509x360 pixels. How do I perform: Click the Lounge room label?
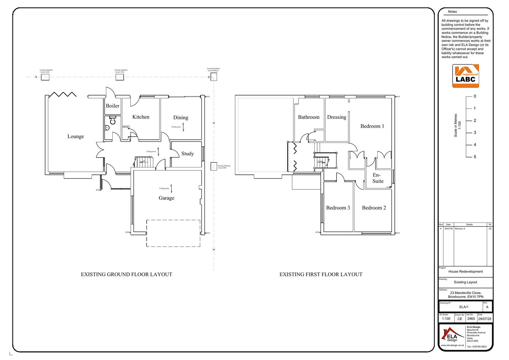(x=76, y=137)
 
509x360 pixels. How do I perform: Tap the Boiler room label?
(x=113, y=106)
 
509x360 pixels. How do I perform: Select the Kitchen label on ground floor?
(x=141, y=117)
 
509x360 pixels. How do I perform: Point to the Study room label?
(x=187, y=154)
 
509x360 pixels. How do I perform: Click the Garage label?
(x=166, y=198)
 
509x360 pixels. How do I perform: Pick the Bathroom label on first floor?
(x=309, y=117)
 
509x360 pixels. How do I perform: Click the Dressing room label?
(x=337, y=117)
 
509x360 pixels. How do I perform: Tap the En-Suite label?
(x=378, y=178)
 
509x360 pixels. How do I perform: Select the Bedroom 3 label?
(x=338, y=208)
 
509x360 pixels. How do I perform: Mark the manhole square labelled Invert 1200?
(x=45, y=77)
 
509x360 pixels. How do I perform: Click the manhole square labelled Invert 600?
(x=214, y=166)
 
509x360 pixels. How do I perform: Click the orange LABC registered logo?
(x=465, y=76)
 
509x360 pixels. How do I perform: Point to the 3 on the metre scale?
(x=475, y=133)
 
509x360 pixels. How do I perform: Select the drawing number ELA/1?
(x=464, y=307)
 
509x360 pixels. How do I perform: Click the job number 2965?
(x=471, y=319)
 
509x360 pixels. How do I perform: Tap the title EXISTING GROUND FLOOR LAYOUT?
(x=126, y=274)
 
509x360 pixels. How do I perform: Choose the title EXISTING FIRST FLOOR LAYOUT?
(x=321, y=274)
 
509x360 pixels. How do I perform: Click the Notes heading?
(x=452, y=12)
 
